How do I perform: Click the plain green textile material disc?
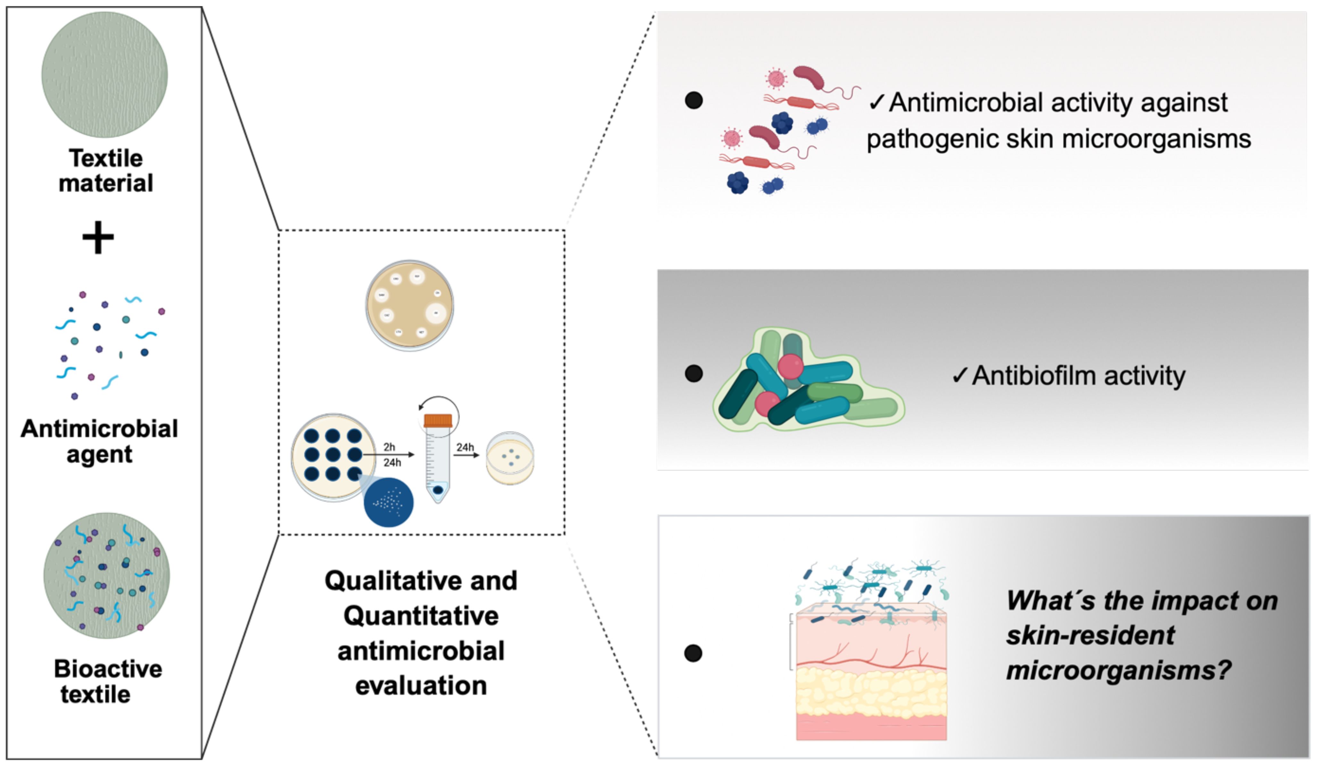(x=104, y=75)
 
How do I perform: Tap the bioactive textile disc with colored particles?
(x=107, y=576)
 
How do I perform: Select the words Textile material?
(x=106, y=171)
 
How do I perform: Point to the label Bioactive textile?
(x=108, y=681)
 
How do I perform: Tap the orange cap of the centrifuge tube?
(x=438, y=420)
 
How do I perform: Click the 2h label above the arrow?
(x=389, y=447)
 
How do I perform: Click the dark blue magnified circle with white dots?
(x=388, y=502)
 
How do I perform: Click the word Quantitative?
(x=421, y=616)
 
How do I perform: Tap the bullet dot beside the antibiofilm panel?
(x=693, y=373)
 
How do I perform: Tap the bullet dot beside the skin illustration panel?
(x=693, y=653)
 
